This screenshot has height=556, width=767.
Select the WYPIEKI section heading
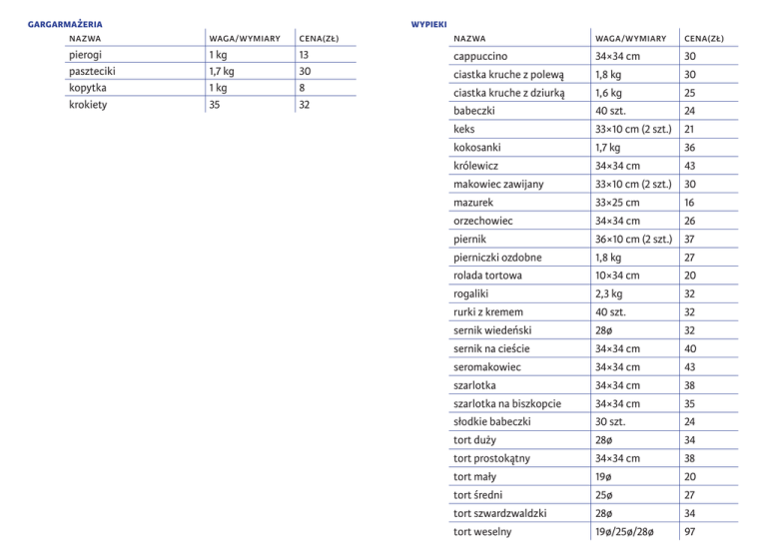(x=428, y=22)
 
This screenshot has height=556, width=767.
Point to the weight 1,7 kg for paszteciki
(x=221, y=71)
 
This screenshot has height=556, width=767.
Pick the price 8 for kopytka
(x=303, y=88)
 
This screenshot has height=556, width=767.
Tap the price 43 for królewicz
(x=690, y=166)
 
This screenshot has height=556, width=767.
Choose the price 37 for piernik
(x=690, y=239)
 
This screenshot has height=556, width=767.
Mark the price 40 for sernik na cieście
(x=690, y=349)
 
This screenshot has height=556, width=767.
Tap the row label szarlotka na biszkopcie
(x=507, y=403)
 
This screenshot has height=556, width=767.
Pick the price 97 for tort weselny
(x=690, y=532)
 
